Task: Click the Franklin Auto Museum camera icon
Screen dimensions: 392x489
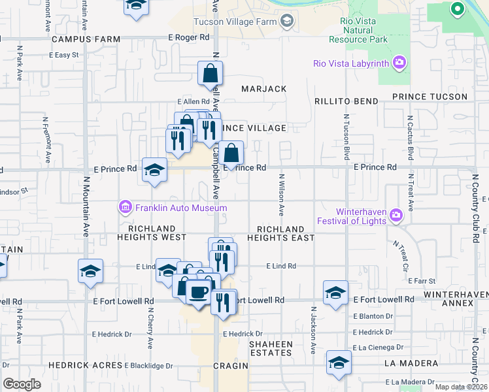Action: click(x=124, y=208)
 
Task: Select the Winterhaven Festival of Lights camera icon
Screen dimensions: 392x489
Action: click(x=395, y=216)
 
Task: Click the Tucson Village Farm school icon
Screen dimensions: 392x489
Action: click(x=286, y=22)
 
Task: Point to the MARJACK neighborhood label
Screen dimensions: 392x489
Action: click(x=263, y=89)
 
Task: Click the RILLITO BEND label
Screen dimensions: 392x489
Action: click(x=346, y=101)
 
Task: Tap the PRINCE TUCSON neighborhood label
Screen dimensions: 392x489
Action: click(x=430, y=97)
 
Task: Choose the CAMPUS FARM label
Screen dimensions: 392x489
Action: click(x=86, y=39)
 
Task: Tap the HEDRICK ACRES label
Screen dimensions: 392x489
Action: click(x=85, y=365)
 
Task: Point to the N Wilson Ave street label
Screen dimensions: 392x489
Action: click(x=282, y=195)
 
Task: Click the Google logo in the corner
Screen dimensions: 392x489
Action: click(x=22, y=384)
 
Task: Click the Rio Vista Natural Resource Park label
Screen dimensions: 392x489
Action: click(x=363, y=30)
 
